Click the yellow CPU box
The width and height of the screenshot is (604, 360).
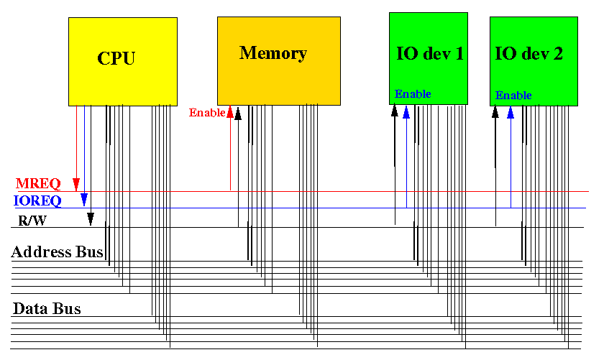123,62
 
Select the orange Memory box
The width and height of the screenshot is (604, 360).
279,61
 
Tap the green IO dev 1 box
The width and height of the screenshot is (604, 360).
429,58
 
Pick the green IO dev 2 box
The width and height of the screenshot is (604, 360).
534,61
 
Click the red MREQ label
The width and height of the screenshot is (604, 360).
38,184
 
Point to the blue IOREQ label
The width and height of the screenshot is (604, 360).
37,200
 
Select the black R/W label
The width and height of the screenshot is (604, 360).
32,221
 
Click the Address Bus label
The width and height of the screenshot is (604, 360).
57,251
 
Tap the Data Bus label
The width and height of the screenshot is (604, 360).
47,308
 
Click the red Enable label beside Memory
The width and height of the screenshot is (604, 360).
207,112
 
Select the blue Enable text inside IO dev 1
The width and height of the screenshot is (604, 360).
413,93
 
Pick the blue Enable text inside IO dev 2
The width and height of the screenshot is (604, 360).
513,95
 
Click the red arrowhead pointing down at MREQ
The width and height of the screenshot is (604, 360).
76,185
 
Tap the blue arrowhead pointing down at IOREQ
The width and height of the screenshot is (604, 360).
84,200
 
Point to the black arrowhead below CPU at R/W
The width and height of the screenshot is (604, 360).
91,219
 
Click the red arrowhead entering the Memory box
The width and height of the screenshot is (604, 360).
230,111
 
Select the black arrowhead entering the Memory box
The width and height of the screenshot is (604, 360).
238,114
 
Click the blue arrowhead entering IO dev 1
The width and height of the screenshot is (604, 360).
406,111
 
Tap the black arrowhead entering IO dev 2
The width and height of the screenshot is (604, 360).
495,111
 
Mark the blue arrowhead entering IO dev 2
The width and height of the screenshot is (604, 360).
511,112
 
